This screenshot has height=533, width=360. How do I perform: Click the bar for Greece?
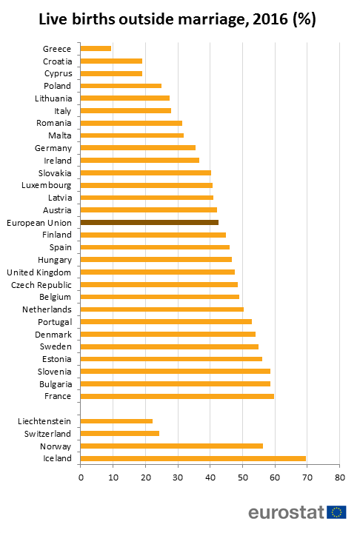pos(96,48)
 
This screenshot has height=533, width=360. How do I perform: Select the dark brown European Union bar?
pos(149,222)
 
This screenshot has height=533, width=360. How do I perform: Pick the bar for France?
pos(177,396)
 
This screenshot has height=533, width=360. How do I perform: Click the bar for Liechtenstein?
pos(116,420)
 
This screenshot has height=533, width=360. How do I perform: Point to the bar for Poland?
pos(121,85)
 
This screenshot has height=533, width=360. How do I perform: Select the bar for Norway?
pos(172,446)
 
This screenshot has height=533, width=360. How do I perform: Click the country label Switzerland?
pos(48,433)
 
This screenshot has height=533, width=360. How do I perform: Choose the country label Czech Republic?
pos(41,284)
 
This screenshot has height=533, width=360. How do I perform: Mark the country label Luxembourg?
pos(46,185)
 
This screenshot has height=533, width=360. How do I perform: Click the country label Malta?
pos(59,135)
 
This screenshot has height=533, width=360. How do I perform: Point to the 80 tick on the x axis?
pos(339,478)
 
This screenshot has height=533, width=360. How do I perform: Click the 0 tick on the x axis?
pos(81,478)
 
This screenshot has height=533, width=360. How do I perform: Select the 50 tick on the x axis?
pos(242,478)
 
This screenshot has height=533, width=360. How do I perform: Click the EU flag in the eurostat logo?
pos(337,512)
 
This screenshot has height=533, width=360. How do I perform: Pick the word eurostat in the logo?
pos(287,512)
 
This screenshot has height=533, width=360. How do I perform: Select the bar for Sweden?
pos(170,346)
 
